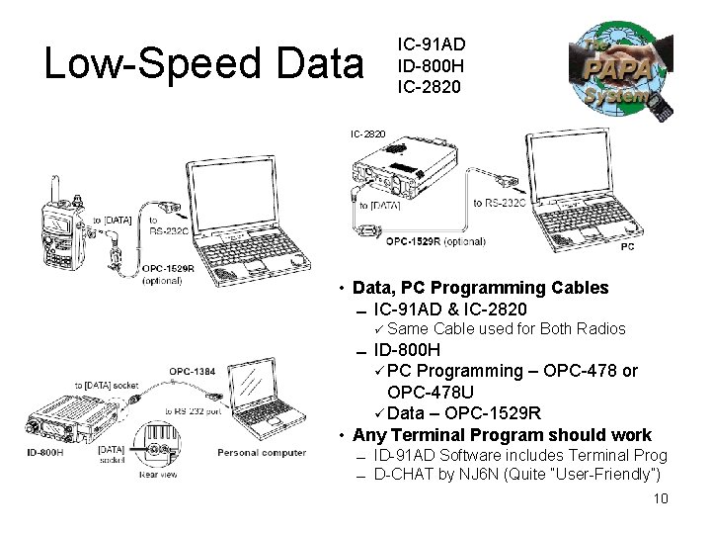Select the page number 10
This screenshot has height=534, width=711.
pos(661,498)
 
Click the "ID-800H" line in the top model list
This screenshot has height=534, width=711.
pos(431,65)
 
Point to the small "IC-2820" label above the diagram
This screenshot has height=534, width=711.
pos(368,133)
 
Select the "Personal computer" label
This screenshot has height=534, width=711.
pos(261,453)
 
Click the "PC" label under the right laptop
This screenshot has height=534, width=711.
pos(628,246)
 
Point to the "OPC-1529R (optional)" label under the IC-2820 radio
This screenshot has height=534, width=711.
pos(435,240)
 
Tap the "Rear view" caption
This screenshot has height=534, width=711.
pos(158,475)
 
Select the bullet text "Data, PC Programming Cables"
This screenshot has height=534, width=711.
pos(480,288)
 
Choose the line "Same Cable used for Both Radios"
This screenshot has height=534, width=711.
pos(507,329)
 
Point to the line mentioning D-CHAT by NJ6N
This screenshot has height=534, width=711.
pos(516,475)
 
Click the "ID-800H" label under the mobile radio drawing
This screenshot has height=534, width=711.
pos(44,453)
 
